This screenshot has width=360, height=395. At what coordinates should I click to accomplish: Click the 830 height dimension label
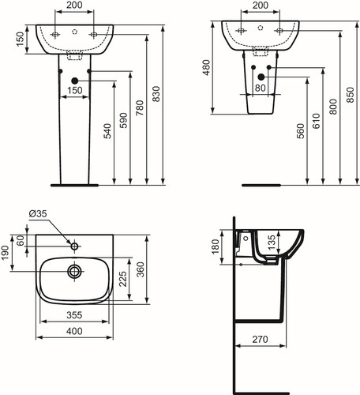[x=156, y=94]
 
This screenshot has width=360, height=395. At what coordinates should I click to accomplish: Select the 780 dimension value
[x=140, y=108]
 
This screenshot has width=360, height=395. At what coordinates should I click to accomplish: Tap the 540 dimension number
[x=107, y=131]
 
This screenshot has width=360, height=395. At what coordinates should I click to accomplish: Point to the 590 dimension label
[x=123, y=121]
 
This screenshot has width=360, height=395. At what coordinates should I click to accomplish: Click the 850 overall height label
[x=351, y=95]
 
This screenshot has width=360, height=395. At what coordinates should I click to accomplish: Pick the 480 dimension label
[x=207, y=68]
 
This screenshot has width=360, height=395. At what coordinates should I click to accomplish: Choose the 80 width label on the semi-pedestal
[x=261, y=88]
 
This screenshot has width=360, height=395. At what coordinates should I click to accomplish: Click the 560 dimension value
[x=300, y=131]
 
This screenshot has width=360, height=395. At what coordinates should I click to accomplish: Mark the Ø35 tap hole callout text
[x=38, y=214]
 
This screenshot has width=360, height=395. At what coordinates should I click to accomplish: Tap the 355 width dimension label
[x=74, y=315]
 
